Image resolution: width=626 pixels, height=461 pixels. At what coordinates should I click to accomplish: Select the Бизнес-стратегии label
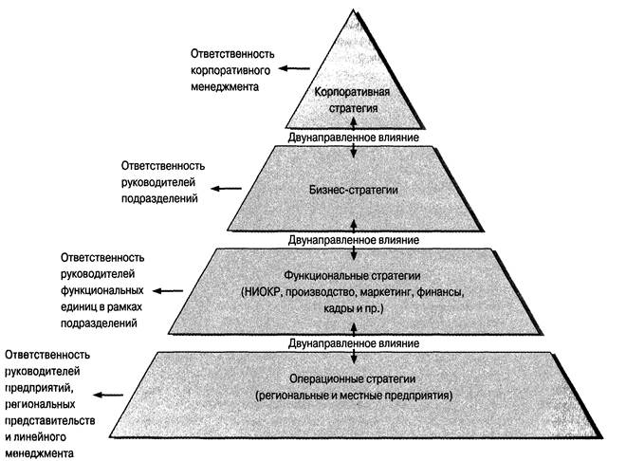point(353,191)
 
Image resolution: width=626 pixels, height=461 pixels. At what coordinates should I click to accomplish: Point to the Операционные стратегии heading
point(353,375)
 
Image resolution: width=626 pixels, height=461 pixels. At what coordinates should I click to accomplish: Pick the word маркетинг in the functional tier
point(378,292)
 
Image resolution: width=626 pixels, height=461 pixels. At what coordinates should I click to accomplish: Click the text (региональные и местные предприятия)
point(353,392)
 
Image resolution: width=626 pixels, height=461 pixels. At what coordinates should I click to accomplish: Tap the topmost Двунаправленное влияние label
point(353,138)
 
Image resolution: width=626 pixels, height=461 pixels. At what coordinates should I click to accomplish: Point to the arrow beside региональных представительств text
point(112,396)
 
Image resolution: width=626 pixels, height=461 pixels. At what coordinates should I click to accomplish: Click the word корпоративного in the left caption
point(231,69)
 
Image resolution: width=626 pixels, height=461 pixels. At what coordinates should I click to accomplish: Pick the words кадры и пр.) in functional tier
point(353,309)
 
